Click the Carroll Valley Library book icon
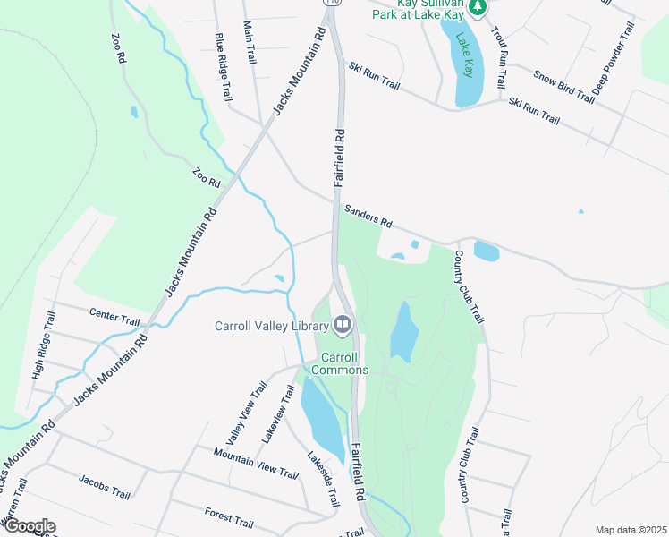(x=342, y=324)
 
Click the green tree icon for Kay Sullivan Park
(x=478, y=7)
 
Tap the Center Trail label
(x=114, y=316)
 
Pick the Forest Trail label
(x=229, y=517)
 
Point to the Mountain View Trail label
(x=255, y=462)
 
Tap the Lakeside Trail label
(x=324, y=480)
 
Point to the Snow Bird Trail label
(x=563, y=86)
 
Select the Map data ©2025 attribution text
(x=631, y=529)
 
